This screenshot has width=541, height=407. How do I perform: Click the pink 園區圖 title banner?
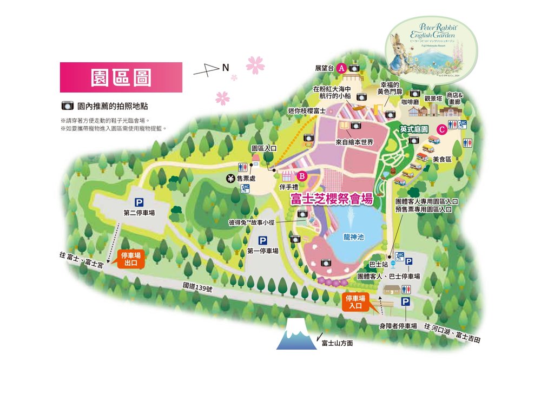pyautogui.click(x=121, y=77)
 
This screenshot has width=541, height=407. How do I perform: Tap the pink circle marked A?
pyautogui.click(x=341, y=68)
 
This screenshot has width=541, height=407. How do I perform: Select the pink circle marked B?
pyautogui.click(x=302, y=175)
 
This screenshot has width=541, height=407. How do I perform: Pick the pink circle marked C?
pyautogui.click(x=441, y=129)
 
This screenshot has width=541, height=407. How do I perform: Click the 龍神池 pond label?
pyautogui.click(x=353, y=237)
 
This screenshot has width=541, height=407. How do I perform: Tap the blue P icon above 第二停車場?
pyautogui.click(x=139, y=202)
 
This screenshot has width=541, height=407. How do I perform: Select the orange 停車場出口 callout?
pyautogui.click(x=131, y=259)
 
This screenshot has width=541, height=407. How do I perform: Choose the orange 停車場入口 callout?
pyautogui.click(x=356, y=302)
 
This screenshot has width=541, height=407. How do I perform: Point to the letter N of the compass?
pyautogui.click(x=226, y=67)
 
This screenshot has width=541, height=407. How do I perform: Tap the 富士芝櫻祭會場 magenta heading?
pyautogui.click(x=332, y=199)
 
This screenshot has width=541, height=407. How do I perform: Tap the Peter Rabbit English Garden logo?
pyautogui.click(x=431, y=49)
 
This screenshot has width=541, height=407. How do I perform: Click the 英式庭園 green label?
pyautogui.click(x=414, y=130)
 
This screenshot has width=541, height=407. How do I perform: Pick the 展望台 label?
pyautogui.click(x=325, y=69)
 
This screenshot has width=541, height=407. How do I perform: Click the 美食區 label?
pyautogui.click(x=442, y=159)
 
